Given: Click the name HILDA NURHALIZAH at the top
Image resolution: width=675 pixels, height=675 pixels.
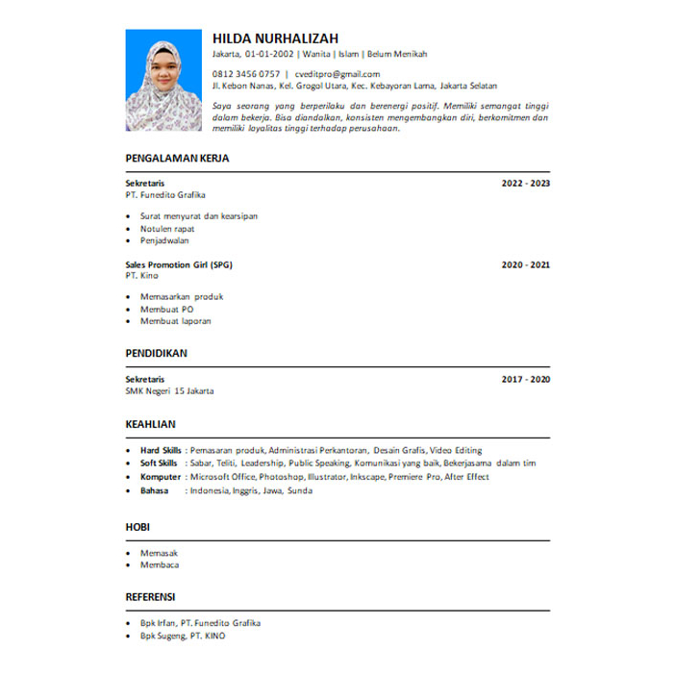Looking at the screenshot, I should (275, 37).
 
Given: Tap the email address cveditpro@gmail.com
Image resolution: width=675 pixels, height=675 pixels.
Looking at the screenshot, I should (337, 74).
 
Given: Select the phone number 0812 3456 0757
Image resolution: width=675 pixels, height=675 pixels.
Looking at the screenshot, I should (246, 74).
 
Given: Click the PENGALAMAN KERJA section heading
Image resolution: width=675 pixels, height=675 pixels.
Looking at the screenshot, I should (177, 159).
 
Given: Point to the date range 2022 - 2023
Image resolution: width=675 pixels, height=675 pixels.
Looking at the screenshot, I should (525, 182).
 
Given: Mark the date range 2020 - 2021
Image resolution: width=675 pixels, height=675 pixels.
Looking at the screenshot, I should (525, 263).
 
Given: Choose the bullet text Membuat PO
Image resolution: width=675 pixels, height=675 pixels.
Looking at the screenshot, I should (166, 310).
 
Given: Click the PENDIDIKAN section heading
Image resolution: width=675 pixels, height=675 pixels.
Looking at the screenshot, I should (156, 353).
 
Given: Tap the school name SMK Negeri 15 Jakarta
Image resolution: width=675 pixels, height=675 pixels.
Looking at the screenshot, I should (169, 391).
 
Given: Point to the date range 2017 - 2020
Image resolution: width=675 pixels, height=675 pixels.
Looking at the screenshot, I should (525, 380).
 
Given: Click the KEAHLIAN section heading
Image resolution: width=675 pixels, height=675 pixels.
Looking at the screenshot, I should (151, 423).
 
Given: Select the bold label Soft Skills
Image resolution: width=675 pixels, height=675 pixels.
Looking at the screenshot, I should (159, 462).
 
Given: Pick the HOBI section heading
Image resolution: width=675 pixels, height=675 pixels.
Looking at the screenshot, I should (137, 528).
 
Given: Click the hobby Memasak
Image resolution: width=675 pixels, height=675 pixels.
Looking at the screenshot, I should (159, 553).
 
